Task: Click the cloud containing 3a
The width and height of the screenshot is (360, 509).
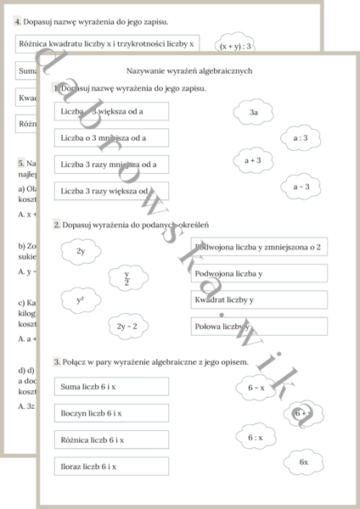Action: [x=253, y=112]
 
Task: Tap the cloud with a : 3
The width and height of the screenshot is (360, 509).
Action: [x=301, y=137]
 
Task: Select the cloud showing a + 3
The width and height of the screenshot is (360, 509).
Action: [x=253, y=159]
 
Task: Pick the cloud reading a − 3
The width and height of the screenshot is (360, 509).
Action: [x=301, y=187]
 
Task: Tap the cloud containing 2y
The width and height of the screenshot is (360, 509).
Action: [x=81, y=251]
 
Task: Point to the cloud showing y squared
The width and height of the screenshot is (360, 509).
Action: [x=81, y=300]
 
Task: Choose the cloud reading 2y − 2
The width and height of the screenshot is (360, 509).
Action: [x=127, y=326]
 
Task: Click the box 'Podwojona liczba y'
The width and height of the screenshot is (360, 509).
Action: [x=259, y=273]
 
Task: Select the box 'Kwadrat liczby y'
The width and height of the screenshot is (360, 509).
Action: [x=259, y=299]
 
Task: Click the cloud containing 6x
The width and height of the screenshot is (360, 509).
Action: [x=304, y=462]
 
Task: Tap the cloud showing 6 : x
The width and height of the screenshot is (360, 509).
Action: [x=256, y=438]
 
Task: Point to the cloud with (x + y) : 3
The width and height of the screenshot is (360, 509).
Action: [x=235, y=46]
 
